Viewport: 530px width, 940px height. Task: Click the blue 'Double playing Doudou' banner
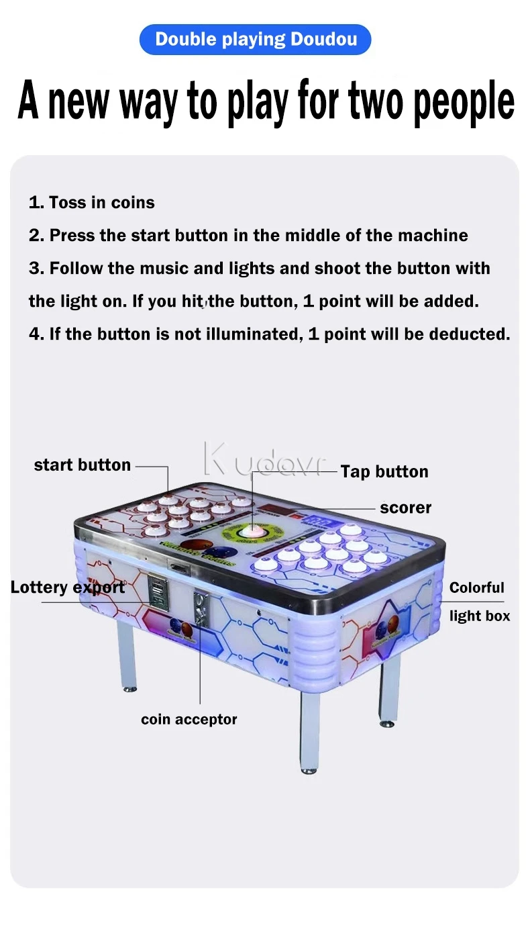[x=255, y=40]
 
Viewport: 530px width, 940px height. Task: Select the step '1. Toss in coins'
[x=91, y=202]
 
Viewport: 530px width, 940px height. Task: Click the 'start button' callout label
[x=82, y=465]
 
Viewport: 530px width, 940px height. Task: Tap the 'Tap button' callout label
[x=384, y=471]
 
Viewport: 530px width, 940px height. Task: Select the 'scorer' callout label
[x=405, y=508]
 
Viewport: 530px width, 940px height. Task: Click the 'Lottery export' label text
[x=67, y=587]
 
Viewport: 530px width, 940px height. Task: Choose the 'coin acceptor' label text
[x=189, y=719]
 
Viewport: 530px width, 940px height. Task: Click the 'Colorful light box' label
[x=478, y=602]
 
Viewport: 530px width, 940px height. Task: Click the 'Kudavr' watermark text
[x=264, y=461]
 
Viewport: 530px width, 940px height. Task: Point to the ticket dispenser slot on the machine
[x=158, y=591]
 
